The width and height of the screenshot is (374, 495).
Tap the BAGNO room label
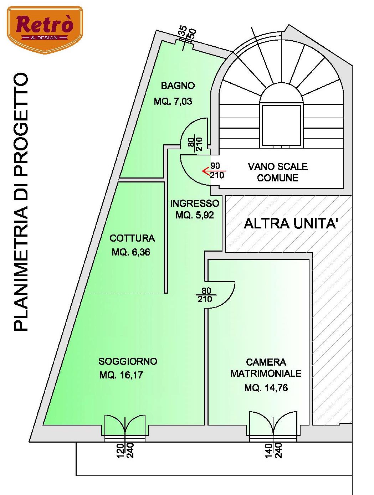coord(178,86)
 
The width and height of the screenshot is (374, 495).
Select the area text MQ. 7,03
coord(173,102)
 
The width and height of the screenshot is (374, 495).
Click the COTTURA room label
coord(132,238)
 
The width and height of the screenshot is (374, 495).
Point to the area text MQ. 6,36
coord(131,252)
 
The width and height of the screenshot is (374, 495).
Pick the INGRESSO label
coord(194,203)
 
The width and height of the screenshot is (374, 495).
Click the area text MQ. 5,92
coord(195,215)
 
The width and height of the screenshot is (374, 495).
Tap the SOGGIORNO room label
coord(128,361)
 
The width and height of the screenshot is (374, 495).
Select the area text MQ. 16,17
coord(121,375)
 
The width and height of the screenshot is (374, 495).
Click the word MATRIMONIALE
coord(266,373)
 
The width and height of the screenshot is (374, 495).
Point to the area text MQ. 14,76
coord(266,388)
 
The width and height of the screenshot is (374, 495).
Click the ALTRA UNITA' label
coord(291,224)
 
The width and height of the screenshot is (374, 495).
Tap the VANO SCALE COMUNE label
coord(278,172)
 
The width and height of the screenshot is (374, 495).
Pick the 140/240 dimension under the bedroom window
coord(273,450)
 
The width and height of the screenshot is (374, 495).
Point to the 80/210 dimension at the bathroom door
coord(195,144)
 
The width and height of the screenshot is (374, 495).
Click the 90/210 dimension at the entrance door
coord(217,171)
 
